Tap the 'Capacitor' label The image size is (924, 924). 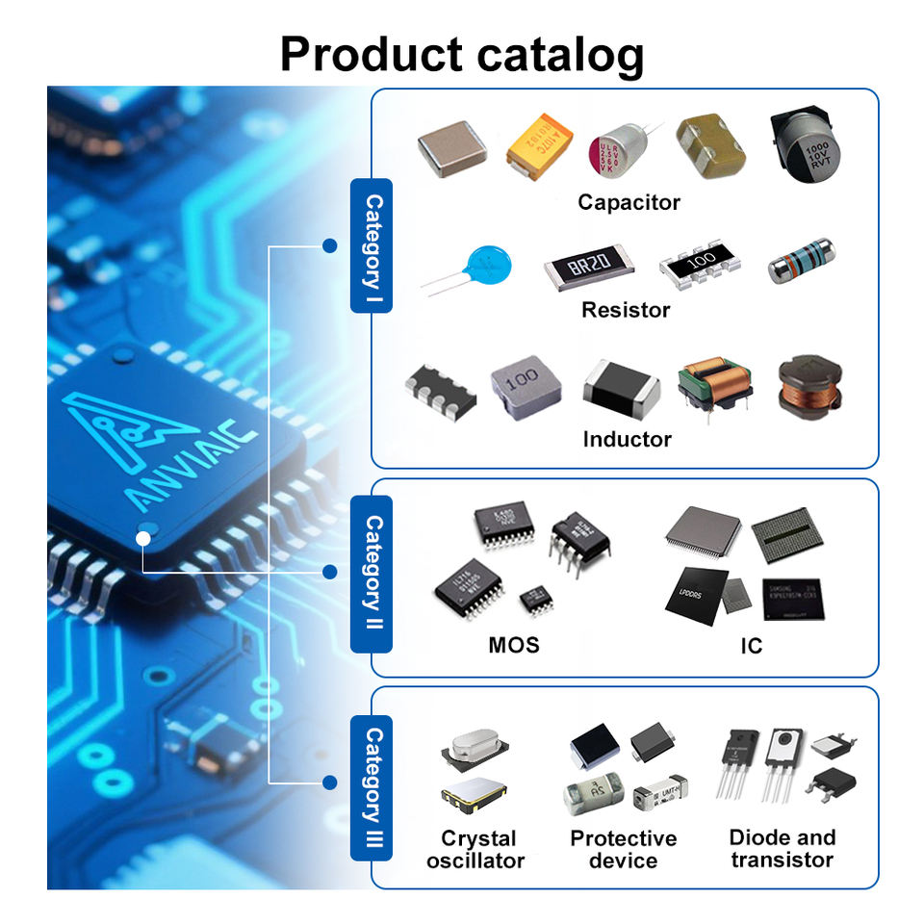pos(629,202)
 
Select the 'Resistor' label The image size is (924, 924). pos(626,310)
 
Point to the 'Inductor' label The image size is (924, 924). pos(627,439)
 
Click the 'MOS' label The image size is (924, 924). pos(514,644)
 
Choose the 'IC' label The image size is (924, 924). pos(752,646)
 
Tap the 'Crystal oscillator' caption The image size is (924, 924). pos(475,849)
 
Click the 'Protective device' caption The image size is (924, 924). pos(623,849)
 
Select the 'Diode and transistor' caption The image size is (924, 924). pos(782,848)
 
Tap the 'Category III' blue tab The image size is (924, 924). pos(372,787)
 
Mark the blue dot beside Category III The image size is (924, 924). pos(329,782)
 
